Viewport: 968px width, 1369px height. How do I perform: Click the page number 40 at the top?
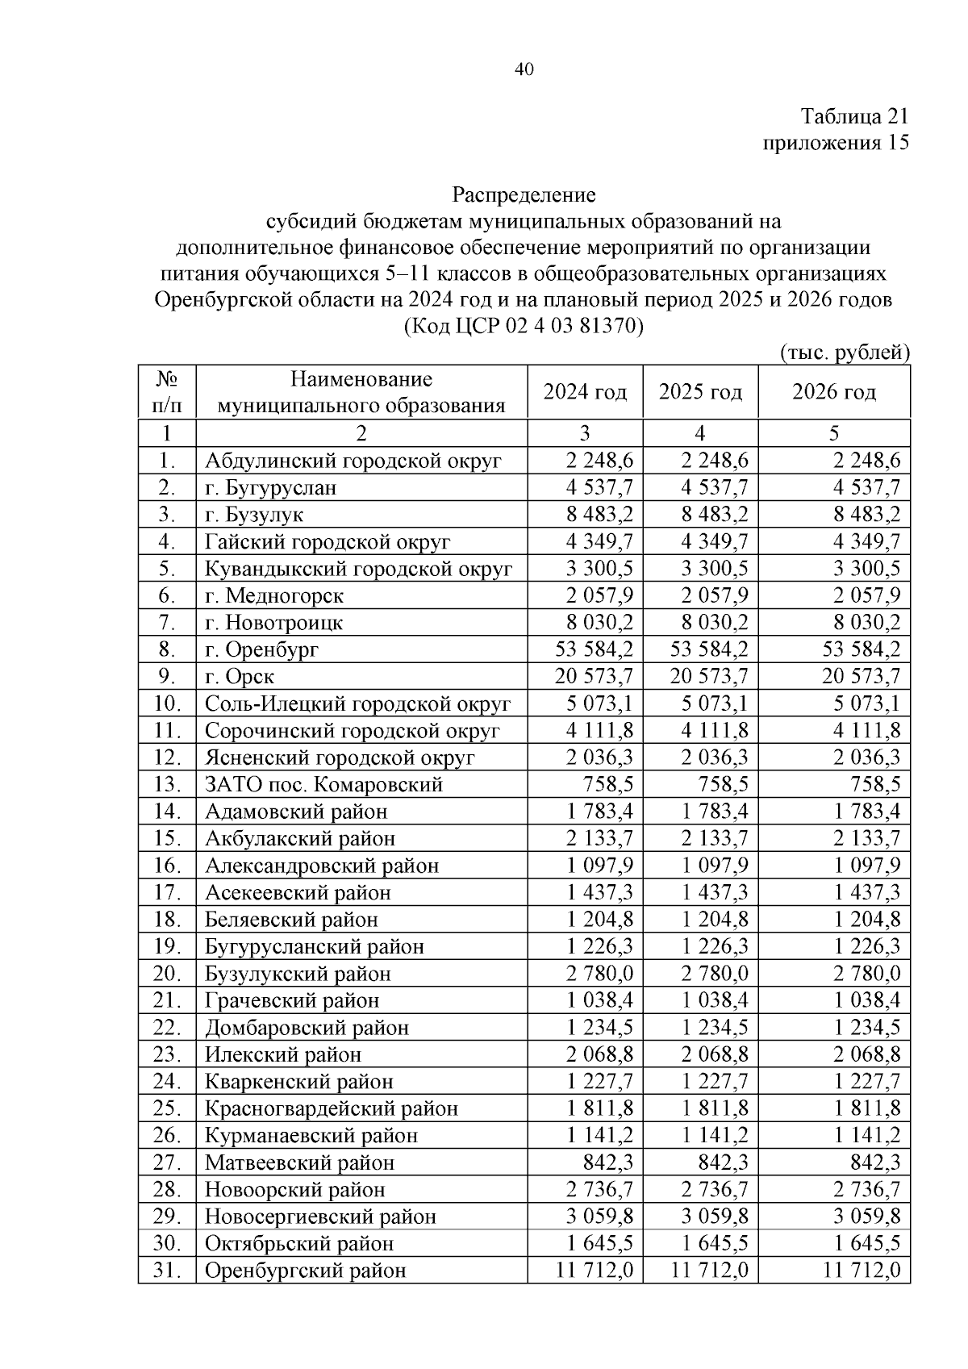[x=524, y=70]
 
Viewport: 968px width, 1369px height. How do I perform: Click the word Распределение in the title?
[x=524, y=194]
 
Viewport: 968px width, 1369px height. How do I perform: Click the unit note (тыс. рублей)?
[x=845, y=353]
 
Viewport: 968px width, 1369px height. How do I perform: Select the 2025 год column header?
[x=700, y=392]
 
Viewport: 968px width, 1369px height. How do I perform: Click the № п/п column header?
[x=167, y=391]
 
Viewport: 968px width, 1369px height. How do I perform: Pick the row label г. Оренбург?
[x=262, y=649]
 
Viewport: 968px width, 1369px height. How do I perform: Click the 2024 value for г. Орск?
[x=595, y=676]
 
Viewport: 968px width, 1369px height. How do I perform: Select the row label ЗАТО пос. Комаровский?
[x=323, y=784]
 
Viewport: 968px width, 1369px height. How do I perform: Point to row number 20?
[x=167, y=974]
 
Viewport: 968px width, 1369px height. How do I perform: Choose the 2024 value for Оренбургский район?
[x=595, y=1271]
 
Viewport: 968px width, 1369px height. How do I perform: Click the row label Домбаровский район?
[x=307, y=1028]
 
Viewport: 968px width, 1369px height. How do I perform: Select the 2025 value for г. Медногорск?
[x=714, y=595]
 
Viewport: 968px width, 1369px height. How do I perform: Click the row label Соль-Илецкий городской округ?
[x=357, y=703]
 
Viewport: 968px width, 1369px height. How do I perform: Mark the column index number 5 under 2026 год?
[x=834, y=433]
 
